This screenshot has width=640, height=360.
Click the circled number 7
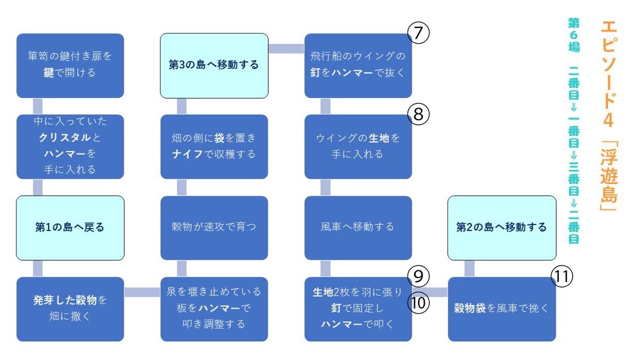click(x=418, y=33)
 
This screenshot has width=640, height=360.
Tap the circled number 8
click(x=418, y=114)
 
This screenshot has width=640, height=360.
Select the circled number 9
click(x=418, y=276)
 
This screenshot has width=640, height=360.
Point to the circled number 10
click(x=418, y=303)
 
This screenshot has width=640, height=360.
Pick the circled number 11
click(x=562, y=276)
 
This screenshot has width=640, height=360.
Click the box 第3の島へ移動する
click(x=214, y=66)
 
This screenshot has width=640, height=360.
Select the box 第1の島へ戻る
click(x=70, y=228)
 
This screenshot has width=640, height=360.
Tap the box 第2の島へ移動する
click(x=502, y=228)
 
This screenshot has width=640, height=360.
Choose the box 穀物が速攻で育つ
click(x=214, y=228)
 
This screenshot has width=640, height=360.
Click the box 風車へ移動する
click(x=358, y=228)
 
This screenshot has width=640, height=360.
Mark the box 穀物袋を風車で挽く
click(x=502, y=309)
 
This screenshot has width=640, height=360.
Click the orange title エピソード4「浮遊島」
click(x=609, y=116)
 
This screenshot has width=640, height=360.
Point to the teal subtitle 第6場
click(x=574, y=35)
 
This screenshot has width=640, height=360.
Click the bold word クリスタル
click(x=65, y=138)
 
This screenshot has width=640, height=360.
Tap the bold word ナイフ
click(x=187, y=154)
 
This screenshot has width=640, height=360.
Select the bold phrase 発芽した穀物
click(x=65, y=300)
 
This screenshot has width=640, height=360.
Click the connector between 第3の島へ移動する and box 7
click(x=286, y=49)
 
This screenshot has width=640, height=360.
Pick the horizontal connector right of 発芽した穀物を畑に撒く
click(x=142, y=292)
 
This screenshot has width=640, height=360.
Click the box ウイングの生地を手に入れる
click(x=358, y=147)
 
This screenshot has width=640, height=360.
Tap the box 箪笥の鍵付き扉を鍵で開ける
click(x=70, y=66)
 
